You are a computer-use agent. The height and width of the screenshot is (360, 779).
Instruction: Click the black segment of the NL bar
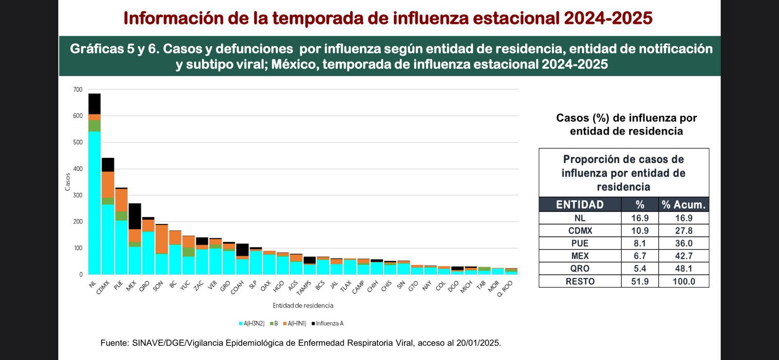(x=94, y=104)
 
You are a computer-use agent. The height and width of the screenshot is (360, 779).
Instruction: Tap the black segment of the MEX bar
(x=135, y=216)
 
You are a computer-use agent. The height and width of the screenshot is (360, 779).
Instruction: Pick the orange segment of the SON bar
(x=162, y=239)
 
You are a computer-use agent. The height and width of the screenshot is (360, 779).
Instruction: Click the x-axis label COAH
(x=238, y=287)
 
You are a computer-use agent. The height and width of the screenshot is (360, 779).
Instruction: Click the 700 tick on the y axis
(x=78, y=90)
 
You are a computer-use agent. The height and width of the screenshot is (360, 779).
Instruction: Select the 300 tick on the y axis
(x=78, y=195)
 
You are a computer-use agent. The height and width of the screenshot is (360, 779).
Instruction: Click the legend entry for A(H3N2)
(x=251, y=323)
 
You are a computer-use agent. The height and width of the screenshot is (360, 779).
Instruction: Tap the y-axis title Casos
(x=68, y=182)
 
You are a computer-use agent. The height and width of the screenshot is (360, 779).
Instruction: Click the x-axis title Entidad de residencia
(x=303, y=305)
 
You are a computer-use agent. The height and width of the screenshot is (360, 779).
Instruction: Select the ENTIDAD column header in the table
(x=579, y=205)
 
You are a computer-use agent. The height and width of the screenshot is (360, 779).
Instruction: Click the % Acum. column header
(x=684, y=205)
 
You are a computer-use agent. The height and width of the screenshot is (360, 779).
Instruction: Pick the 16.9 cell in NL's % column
(x=640, y=218)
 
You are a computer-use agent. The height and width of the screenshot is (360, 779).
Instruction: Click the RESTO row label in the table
(x=579, y=282)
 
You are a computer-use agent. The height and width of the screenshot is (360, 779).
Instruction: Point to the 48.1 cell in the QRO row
(x=684, y=269)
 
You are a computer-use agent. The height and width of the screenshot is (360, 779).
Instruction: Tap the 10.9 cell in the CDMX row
(x=640, y=231)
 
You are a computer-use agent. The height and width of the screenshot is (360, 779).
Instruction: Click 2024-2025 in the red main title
(x=608, y=19)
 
